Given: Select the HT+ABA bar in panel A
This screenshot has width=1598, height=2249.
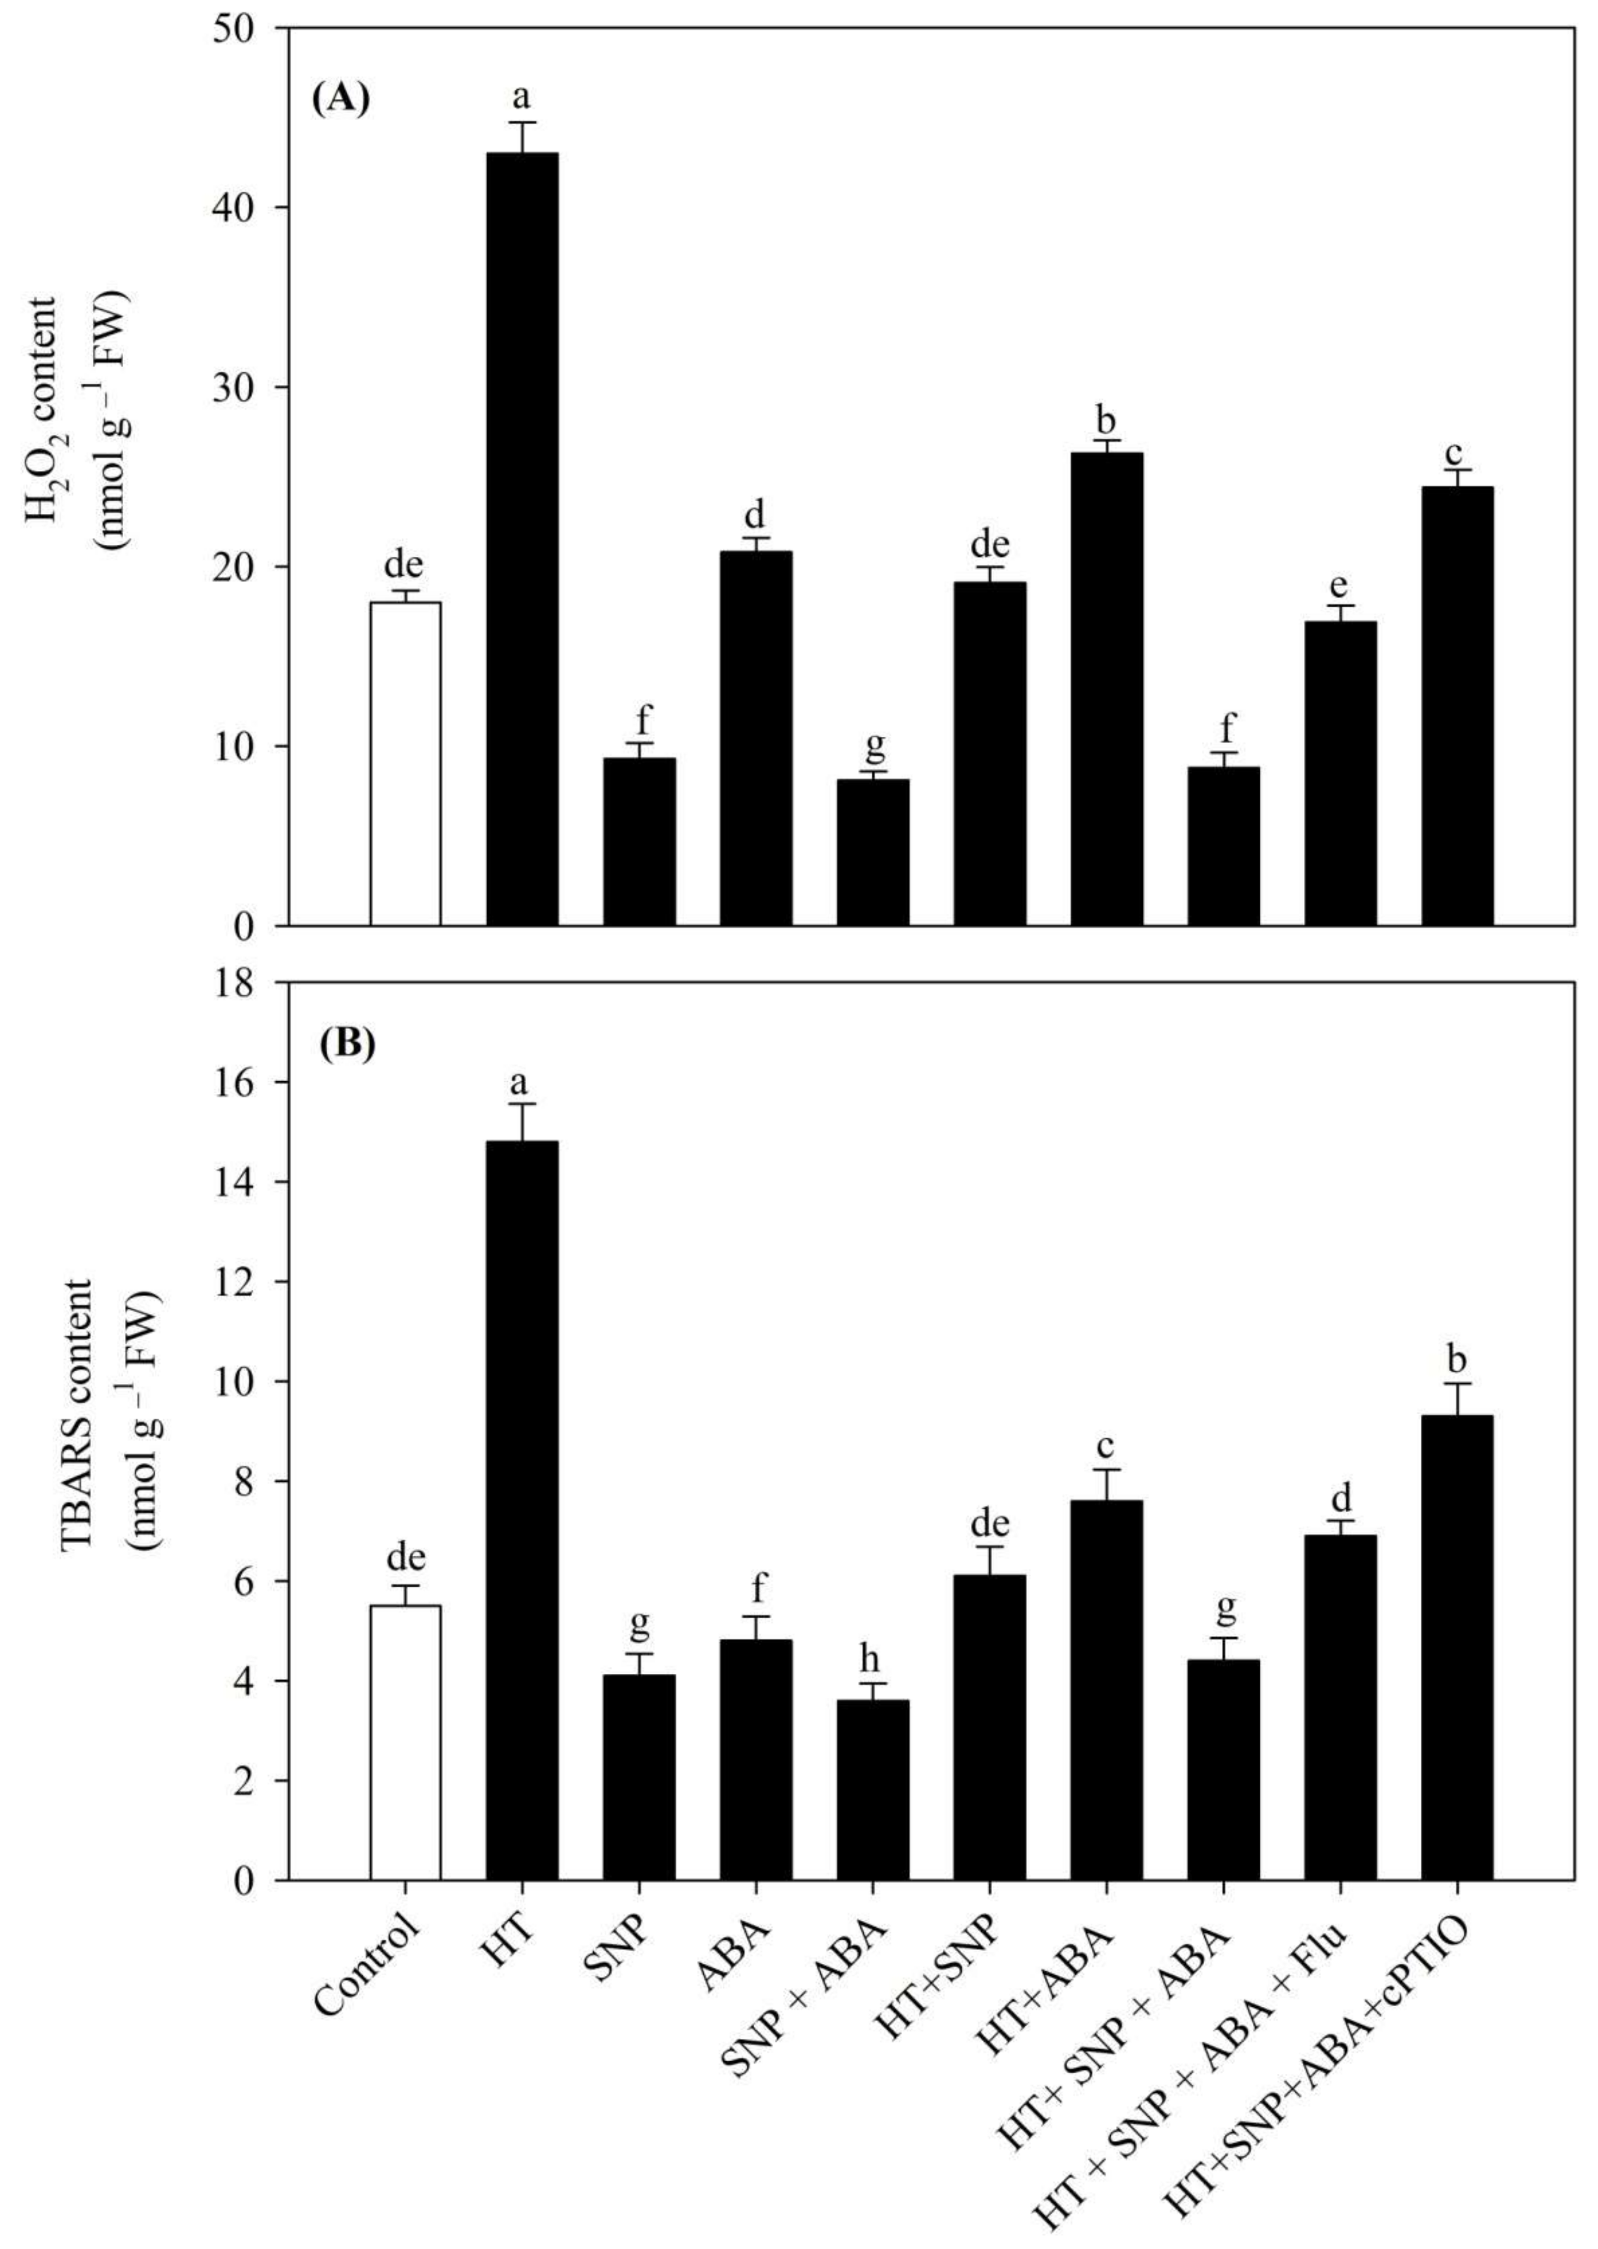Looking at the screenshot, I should click(1107, 688).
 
